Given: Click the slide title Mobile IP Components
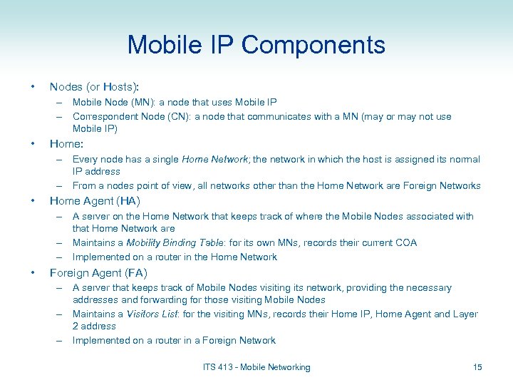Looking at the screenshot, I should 256,45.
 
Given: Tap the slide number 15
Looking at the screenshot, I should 477,367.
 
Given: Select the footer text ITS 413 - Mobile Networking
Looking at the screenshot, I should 256,367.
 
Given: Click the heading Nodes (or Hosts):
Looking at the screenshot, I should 94,87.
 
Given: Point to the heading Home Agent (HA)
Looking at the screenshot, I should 95,201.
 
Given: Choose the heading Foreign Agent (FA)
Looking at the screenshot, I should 98,272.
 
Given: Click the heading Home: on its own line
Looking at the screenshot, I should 66,143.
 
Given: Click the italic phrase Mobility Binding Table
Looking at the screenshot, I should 166,243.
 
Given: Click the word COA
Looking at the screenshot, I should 406,243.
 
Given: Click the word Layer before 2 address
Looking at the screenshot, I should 465,314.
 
